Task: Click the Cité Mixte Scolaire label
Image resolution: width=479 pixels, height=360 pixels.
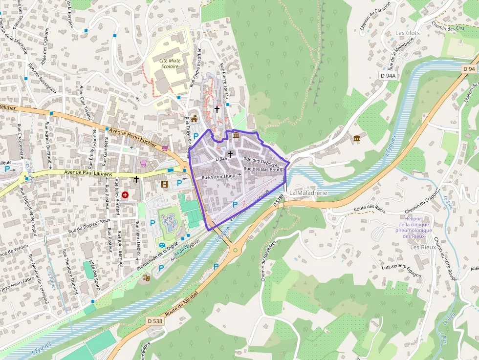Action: click(170, 64)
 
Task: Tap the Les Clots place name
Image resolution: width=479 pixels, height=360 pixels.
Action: click(407, 33)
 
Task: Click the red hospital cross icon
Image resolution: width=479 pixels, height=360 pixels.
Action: click(126, 194)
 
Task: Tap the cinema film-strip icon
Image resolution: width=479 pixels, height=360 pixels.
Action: click(164, 184)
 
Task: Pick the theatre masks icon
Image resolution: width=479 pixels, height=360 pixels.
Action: click(146, 277)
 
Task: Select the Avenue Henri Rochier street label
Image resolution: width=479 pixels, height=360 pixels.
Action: click(132, 137)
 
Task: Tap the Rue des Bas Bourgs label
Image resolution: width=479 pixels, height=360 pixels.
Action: click(264, 169)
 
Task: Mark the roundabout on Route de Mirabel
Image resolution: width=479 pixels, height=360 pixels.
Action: click(235, 251)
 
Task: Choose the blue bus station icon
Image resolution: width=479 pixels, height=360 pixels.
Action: click(162, 245)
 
